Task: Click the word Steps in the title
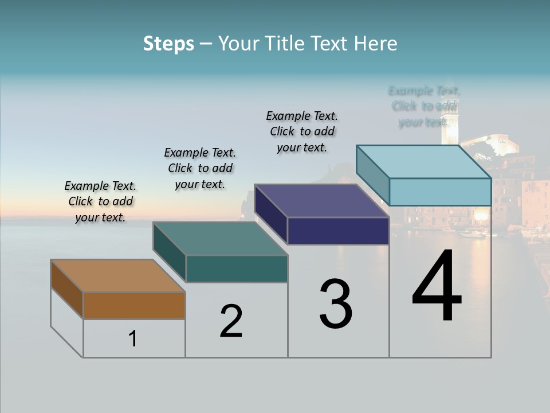[x=168, y=44]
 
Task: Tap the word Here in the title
[x=375, y=44]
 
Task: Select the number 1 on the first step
[x=133, y=339]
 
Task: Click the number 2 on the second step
[x=231, y=321]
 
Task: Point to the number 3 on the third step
[x=336, y=305]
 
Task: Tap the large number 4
[x=437, y=287]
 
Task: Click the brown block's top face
[x=117, y=276]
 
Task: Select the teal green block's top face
[x=220, y=239]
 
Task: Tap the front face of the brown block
[x=134, y=306]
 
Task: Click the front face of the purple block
[x=338, y=231]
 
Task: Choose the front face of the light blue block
[x=440, y=192]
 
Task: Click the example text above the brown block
[x=100, y=201]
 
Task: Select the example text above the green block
[x=200, y=168]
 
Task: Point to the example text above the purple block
[x=302, y=131]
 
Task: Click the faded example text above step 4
[x=424, y=106]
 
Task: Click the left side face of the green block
[x=170, y=252]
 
